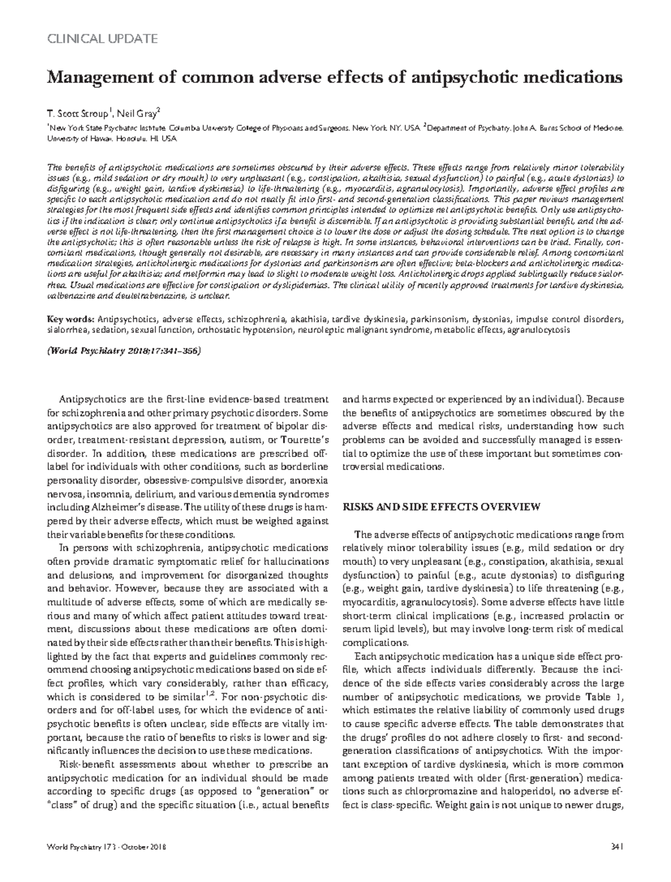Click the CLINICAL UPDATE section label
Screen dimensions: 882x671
[x=102, y=39]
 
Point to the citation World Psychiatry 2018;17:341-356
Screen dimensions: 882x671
[x=123, y=351]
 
